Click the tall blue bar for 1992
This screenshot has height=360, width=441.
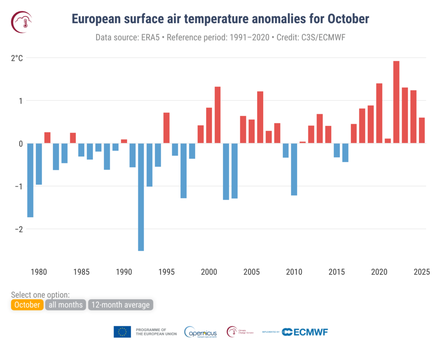tap(141, 197)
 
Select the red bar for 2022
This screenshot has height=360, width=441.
tap(396, 102)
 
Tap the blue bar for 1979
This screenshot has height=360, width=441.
tap(30, 180)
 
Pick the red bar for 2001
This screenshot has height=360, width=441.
tap(217, 115)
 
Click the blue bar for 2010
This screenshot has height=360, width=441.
tap(294, 169)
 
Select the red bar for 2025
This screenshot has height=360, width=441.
tap(422, 130)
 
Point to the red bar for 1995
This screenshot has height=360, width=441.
tap(166, 128)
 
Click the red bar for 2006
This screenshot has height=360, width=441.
tap(260, 117)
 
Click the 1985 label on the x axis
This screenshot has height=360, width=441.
tap(81, 272)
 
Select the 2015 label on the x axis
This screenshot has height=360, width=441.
tap(337, 272)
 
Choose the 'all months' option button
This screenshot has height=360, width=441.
tap(65, 305)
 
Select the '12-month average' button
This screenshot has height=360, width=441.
tap(121, 305)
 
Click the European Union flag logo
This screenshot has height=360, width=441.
tap(122, 332)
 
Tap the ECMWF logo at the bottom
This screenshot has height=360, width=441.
tap(306, 332)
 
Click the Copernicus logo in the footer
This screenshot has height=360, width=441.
tap(200, 332)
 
